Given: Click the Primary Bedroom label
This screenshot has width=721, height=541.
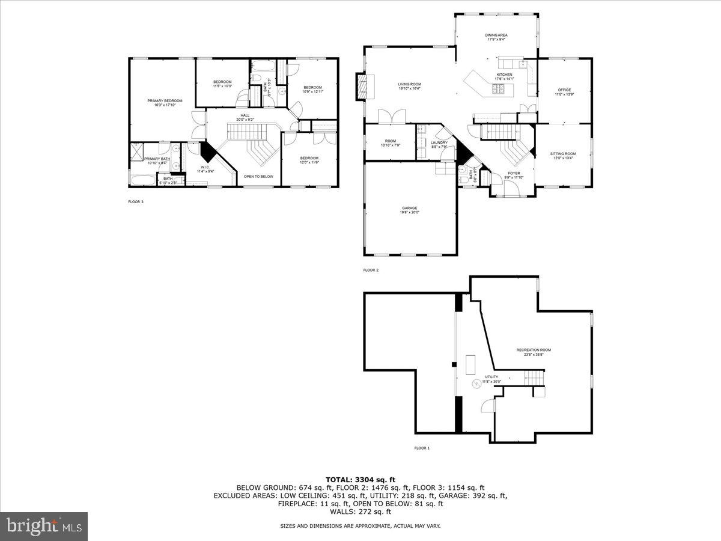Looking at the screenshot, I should pyautogui.click(x=165, y=101).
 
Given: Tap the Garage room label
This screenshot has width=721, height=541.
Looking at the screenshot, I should pyautogui.click(x=410, y=209).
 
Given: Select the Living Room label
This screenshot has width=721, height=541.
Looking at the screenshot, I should pyautogui.click(x=409, y=84).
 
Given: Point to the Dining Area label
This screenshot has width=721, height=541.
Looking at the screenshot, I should pyautogui.click(x=496, y=35).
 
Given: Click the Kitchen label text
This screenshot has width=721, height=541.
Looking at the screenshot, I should pyautogui.click(x=503, y=75).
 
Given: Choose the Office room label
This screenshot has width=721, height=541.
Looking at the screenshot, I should pyautogui.click(x=564, y=90).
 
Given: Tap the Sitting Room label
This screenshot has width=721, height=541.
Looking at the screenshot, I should pyautogui.click(x=563, y=154).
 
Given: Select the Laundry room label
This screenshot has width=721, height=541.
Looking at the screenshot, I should pyautogui.click(x=439, y=143).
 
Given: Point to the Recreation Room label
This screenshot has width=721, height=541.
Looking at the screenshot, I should pyautogui.click(x=534, y=350).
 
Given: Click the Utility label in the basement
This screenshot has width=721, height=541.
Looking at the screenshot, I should pyautogui.click(x=492, y=377).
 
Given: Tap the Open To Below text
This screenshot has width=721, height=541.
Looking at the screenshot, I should pyautogui.click(x=258, y=177).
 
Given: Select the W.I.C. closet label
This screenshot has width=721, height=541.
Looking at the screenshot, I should pyautogui.click(x=205, y=167).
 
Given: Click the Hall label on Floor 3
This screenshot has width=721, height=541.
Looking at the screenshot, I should pyautogui.click(x=245, y=115).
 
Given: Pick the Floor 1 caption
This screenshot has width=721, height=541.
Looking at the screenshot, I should pyautogui.click(x=422, y=448).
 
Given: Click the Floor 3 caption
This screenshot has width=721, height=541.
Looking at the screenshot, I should pyautogui.click(x=136, y=202).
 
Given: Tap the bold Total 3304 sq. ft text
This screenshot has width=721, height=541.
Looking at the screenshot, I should pyautogui.click(x=360, y=479).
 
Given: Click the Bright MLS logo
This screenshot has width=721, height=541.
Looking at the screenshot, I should pyautogui.click(x=44, y=527).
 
